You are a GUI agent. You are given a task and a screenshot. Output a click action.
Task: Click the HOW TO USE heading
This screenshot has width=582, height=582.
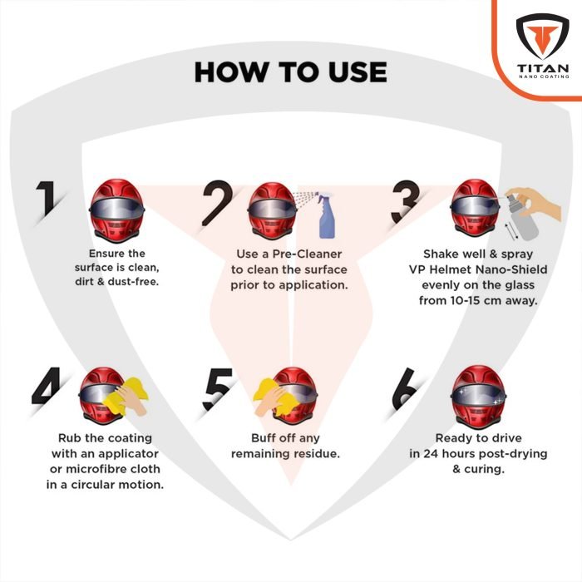tap(290, 72)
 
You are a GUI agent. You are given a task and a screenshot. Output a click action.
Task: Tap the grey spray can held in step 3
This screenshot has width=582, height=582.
tap(518, 215)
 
